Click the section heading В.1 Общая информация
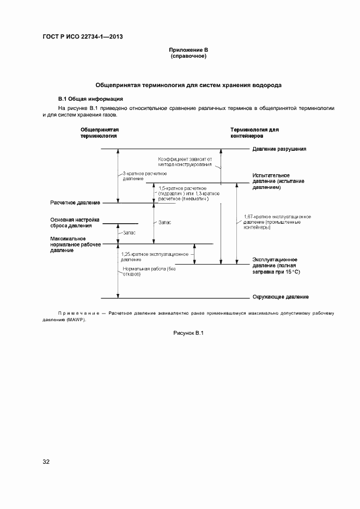click(x=91, y=99)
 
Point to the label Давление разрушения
click(x=279, y=149)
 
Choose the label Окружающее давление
click(x=280, y=297)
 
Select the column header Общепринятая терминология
click(x=100, y=133)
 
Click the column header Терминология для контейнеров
click(x=254, y=133)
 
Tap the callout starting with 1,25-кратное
click(x=155, y=257)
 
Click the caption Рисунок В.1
click(x=188, y=333)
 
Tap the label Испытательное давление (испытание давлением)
click(x=278, y=181)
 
